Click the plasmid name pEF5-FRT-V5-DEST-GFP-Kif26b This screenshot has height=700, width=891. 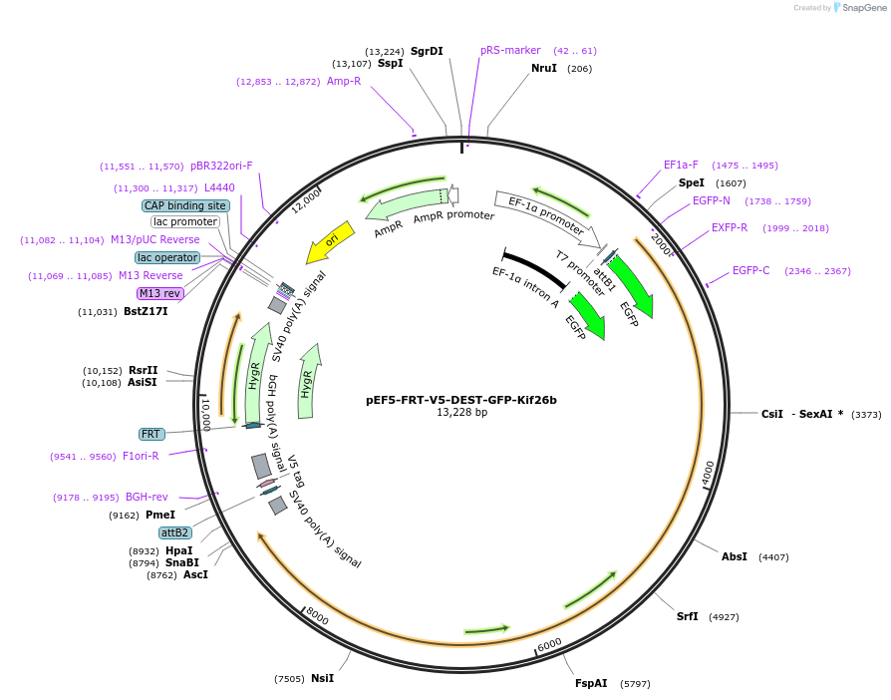pyautogui.click(x=460, y=400)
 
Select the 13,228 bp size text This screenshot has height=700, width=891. pyautogui.click(x=460, y=412)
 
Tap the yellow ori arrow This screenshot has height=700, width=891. pyautogui.click(x=330, y=242)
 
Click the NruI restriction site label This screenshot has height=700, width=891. pyautogui.click(x=544, y=68)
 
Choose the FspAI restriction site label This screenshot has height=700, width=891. pyautogui.click(x=591, y=683)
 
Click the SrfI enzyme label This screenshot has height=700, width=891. pyautogui.click(x=688, y=616)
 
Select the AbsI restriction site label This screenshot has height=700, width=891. pyautogui.click(x=735, y=556)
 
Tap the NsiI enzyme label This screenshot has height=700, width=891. pyautogui.click(x=322, y=678)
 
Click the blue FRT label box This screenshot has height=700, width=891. pyautogui.click(x=151, y=434)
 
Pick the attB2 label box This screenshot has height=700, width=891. pyautogui.click(x=174, y=532)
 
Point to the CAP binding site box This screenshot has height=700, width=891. pyautogui.click(x=185, y=205)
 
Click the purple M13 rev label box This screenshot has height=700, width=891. pyautogui.click(x=159, y=293)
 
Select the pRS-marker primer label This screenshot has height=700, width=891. pyautogui.click(x=510, y=50)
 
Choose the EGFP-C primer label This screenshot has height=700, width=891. pyautogui.click(x=750, y=270)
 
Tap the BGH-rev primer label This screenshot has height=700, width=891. pyautogui.click(x=146, y=497)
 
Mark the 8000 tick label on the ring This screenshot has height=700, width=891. pyautogui.click(x=317, y=615)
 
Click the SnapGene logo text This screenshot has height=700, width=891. pyautogui.click(x=862, y=8)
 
